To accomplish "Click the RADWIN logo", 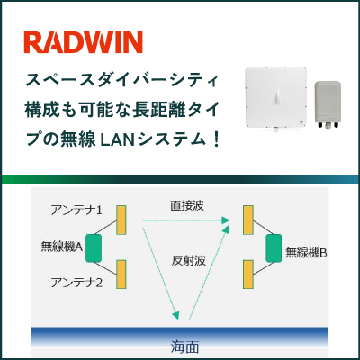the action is pyautogui.click(x=83, y=42).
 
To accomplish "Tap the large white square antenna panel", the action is pyautogui.click(x=276, y=98).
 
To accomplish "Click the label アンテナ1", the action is pyautogui.click(x=76, y=210).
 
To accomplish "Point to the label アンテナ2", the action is pyautogui.click(x=76, y=283).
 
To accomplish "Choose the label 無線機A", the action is pyautogui.click(x=62, y=247).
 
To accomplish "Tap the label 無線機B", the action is pyautogui.click(x=306, y=253).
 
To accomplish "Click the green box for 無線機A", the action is pyautogui.click(x=94, y=248).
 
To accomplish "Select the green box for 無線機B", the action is pyautogui.click(x=274, y=248).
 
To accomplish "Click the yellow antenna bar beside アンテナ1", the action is pyautogui.click(x=121, y=220).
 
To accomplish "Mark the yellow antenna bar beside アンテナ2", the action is pyautogui.click(x=121, y=274).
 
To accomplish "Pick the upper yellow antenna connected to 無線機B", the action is pyautogui.click(x=248, y=220).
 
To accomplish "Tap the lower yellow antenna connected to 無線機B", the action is pyautogui.click(x=248, y=274).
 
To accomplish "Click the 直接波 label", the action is pyautogui.click(x=187, y=206).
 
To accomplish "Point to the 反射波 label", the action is pyautogui.click(x=189, y=260).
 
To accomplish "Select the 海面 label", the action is pyautogui.click(x=185, y=347).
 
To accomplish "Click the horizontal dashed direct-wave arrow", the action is pyautogui.click(x=186, y=220).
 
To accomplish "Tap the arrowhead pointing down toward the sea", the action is pyautogui.click(x=175, y=315).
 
